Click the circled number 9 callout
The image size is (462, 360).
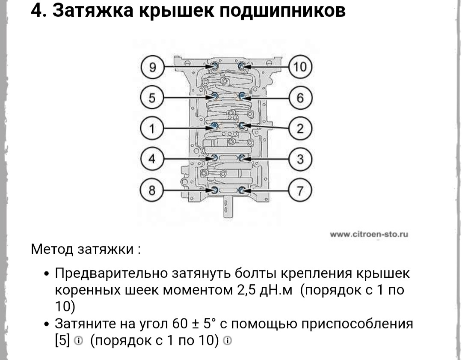[152, 67]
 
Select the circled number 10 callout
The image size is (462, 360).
[300, 67]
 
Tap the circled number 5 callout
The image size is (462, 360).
[152, 98]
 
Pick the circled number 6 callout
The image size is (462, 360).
[300, 98]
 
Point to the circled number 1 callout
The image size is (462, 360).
[152, 128]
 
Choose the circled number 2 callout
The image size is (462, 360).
[300, 128]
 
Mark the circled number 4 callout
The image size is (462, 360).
[152, 159]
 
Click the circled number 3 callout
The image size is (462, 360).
[300, 159]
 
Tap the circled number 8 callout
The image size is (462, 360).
[152, 190]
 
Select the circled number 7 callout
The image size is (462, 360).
[300, 190]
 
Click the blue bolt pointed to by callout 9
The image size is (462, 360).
[215, 66]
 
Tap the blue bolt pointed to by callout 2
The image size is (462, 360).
[242, 126]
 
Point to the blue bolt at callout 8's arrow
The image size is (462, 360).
[215, 190]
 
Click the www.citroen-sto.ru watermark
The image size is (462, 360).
[369, 235]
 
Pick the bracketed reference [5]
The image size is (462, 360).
[62, 340]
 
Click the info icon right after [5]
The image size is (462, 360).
[78, 341]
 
